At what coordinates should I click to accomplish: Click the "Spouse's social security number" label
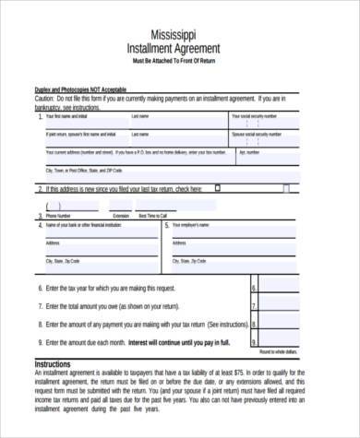(257, 135)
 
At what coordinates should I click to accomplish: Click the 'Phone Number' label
(58, 216)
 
